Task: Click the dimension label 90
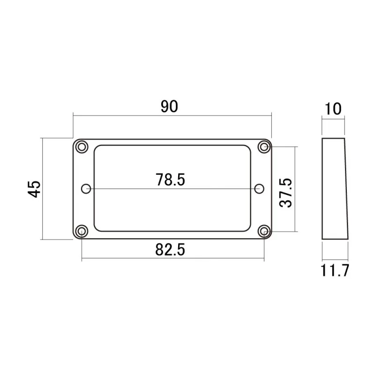170,106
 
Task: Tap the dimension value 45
34,189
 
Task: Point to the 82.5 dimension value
170,250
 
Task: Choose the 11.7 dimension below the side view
335,271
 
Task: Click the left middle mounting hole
86,188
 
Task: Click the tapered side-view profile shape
335,188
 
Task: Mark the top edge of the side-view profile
334,138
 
